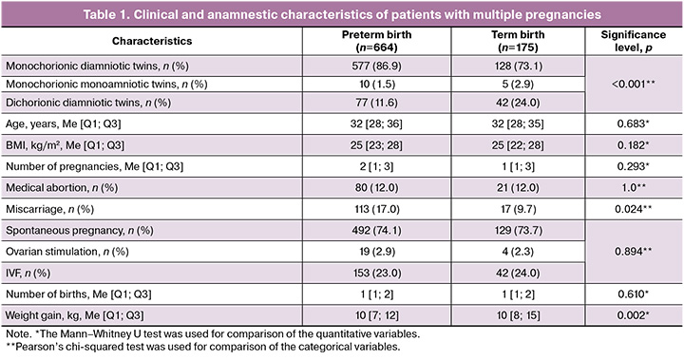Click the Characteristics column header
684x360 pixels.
[x=152, y=41]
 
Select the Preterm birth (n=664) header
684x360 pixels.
[x=376, y=41]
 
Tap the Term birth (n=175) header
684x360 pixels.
[x=518, y=41]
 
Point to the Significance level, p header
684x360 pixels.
[x=634, y=41]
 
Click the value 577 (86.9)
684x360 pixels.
[x=376, y=66]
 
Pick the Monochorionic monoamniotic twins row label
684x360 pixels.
[x=106, y=85]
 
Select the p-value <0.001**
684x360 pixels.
[x=634, y=85]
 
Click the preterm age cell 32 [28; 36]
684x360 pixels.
[x=376, y=123]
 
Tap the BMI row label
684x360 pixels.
[x=65, y=145]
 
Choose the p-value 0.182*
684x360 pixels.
[x=634, y=145]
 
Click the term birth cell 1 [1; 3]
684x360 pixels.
[x=518, y=166]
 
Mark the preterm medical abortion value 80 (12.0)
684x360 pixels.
[x=376, y=188]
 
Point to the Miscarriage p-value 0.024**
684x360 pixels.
[x=634, y=210]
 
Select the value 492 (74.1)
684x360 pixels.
[x=376, y=231]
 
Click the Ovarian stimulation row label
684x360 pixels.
[x=67, y=252]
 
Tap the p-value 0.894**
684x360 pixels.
[x=634, y=252]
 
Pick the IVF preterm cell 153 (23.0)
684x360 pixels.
[x=376, y=274]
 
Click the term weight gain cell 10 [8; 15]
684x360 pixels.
[x=518, y=315]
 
